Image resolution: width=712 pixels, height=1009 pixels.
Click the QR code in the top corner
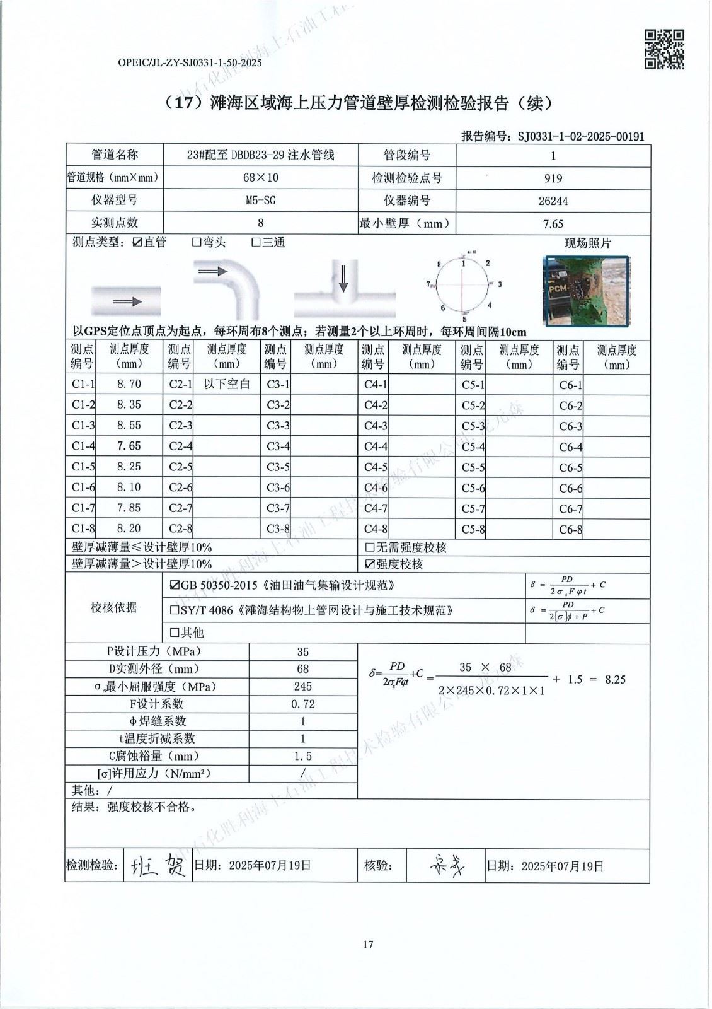tap(664, 49)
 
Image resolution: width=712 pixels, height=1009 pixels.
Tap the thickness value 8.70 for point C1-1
tap(129, 384)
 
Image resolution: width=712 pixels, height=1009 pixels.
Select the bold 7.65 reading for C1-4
tap(129, 446)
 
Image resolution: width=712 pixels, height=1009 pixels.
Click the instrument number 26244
tap(553, 201)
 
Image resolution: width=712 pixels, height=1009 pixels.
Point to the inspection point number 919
tap(553, 178)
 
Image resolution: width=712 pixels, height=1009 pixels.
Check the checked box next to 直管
tap(137, 243)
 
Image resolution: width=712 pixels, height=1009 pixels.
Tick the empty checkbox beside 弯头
tap(197, 243)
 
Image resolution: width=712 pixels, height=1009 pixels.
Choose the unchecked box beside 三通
tap(256, 243)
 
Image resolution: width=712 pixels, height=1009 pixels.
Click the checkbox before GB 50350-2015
tap(175, 586)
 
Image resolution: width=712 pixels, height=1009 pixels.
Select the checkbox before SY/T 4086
tap(175, 610)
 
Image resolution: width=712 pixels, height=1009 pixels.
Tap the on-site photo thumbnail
tap(587, 291)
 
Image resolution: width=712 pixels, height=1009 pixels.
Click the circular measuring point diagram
tap(464, 284)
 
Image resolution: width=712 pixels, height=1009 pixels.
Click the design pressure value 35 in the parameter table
tap(302, 652)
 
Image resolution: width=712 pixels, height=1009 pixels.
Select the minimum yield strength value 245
tap(302, 687)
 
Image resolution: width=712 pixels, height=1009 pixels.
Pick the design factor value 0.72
tap(302, 704)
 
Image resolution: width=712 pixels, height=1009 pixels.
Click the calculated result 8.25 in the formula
tap(615, 680)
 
